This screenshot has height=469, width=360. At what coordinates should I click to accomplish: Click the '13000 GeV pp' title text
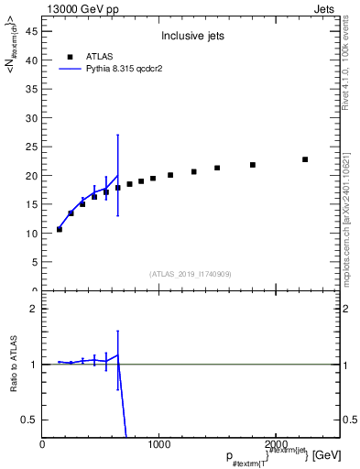[x=81, y=7]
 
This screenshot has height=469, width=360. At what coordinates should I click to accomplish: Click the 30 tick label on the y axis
[x=33, y=117]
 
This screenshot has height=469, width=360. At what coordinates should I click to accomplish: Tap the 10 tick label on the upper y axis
[x=33, y=234]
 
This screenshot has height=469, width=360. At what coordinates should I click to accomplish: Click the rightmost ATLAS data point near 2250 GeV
[x=305, y=159]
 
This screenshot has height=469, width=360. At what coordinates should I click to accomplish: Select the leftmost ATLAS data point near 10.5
[x=60, y=229]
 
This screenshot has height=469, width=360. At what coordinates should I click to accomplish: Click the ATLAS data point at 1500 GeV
[x=217, y=168]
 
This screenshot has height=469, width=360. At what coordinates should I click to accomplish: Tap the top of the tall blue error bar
[x=117, y=135]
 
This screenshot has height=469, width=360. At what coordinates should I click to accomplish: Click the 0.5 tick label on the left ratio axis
[x=31, y=420]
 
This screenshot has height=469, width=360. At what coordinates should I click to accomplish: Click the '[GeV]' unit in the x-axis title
[x=324, y=455]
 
